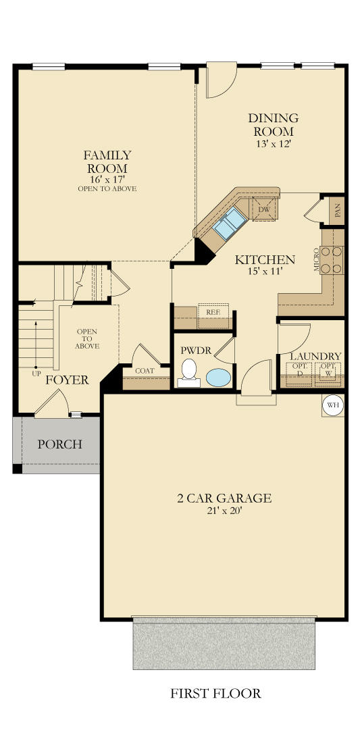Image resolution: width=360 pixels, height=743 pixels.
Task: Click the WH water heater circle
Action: pos(332,406)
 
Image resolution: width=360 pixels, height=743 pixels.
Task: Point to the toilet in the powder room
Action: pos(188,373)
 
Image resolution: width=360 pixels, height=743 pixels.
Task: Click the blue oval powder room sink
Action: pos(219,378)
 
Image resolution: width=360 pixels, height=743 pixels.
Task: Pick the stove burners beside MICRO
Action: pos(332,260)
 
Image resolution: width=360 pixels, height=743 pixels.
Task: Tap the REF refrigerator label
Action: pos(213,312)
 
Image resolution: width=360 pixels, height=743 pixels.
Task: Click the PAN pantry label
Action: pos(338,210)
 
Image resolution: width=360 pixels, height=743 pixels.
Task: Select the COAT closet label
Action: pos(145,371)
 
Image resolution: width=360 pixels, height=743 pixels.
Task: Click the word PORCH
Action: pos(59,444)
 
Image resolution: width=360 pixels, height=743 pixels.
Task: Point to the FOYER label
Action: pos(67,380)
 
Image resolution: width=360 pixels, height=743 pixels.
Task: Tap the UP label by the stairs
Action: pos(36,374)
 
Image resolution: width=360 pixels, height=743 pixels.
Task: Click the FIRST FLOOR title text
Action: pos(215,694)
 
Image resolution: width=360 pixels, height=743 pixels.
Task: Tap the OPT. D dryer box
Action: pos(299,374)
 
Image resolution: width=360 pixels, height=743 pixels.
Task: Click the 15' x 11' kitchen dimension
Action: pos(265,272)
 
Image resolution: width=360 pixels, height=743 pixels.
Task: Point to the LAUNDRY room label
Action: pos(315,356)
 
